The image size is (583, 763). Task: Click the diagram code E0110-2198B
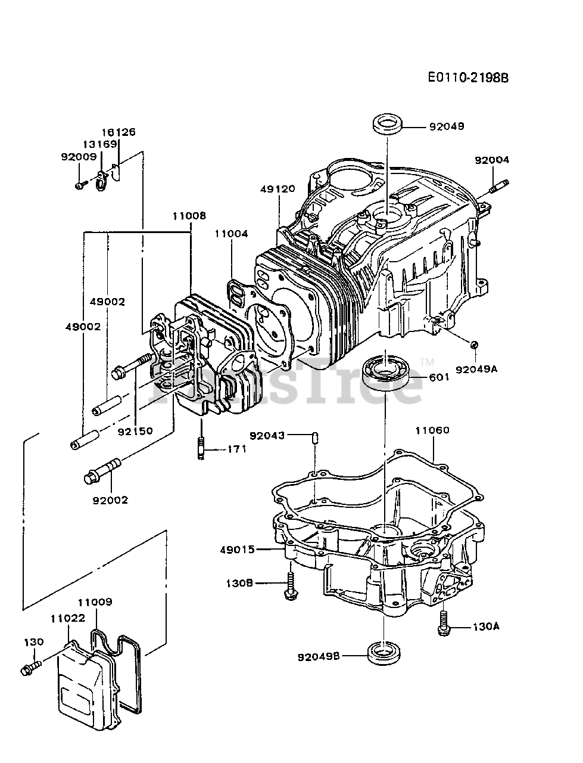(468, 77)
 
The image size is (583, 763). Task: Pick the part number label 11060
(432, 430)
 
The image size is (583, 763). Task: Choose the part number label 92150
(135, 430)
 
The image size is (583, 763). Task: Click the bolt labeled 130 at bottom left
(30, 667)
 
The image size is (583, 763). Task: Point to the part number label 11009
(95, 603)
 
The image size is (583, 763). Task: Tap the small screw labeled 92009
(79, 185)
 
